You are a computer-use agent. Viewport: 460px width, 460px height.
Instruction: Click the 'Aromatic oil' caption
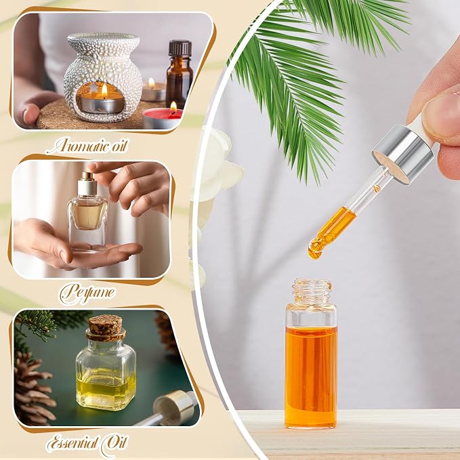[x=87, y=146]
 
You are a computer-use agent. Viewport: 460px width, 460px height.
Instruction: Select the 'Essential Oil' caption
[x=87, y=444]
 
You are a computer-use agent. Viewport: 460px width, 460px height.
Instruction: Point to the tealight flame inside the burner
[x=104, y=90]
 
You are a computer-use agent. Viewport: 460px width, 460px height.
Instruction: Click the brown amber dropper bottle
[x=180, y=74]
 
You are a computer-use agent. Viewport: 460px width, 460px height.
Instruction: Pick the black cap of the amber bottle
[x=180, y=48]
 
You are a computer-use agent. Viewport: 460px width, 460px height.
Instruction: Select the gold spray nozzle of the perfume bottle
[x=87, y=177]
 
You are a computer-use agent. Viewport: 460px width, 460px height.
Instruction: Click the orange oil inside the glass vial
[x=311, y=375]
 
